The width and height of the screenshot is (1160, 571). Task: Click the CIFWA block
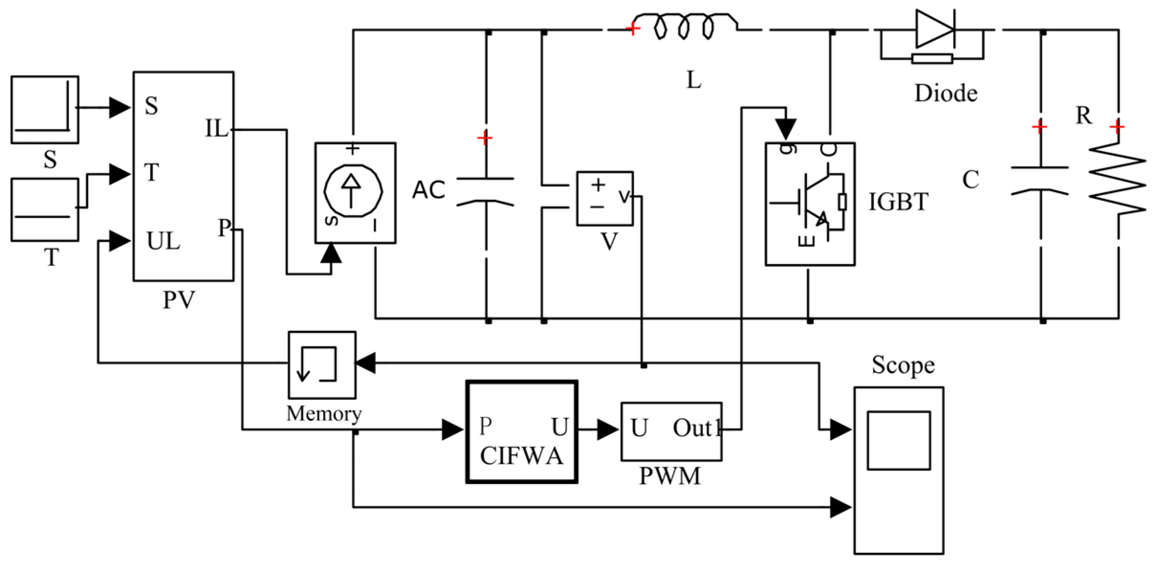pos(521,432)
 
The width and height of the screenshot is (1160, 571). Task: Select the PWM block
pos(671,431)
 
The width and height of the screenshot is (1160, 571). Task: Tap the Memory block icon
pos(322,365)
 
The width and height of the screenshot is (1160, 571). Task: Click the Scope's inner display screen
pos(899,440)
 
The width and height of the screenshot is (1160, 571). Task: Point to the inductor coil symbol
pos(686,26)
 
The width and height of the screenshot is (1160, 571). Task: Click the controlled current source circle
pos(353,191)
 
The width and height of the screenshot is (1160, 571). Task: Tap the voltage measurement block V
pos(605,198)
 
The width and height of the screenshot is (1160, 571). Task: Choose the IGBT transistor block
pos(810,204)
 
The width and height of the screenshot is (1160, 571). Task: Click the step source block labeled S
pos(44,110)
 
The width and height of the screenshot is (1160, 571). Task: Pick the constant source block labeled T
pos(44,209)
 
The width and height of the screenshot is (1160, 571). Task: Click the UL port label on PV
pos(163,241)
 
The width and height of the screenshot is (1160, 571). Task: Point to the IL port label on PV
pos(217,129)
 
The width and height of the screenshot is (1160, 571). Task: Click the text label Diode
pos(945,93)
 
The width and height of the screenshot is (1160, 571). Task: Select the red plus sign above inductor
pos(632,29)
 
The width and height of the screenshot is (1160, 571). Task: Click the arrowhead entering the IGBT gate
pos(786,129)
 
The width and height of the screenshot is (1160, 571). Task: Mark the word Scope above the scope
pos(903,365)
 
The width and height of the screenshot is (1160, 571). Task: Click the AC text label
pos(429,190)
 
